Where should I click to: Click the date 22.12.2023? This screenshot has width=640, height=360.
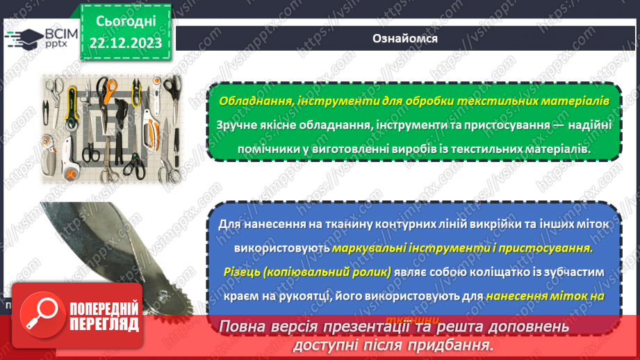coord(125,43)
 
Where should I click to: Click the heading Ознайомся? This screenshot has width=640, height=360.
coord(405,38)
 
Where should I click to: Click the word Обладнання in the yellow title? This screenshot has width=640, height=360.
coord(255,101)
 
